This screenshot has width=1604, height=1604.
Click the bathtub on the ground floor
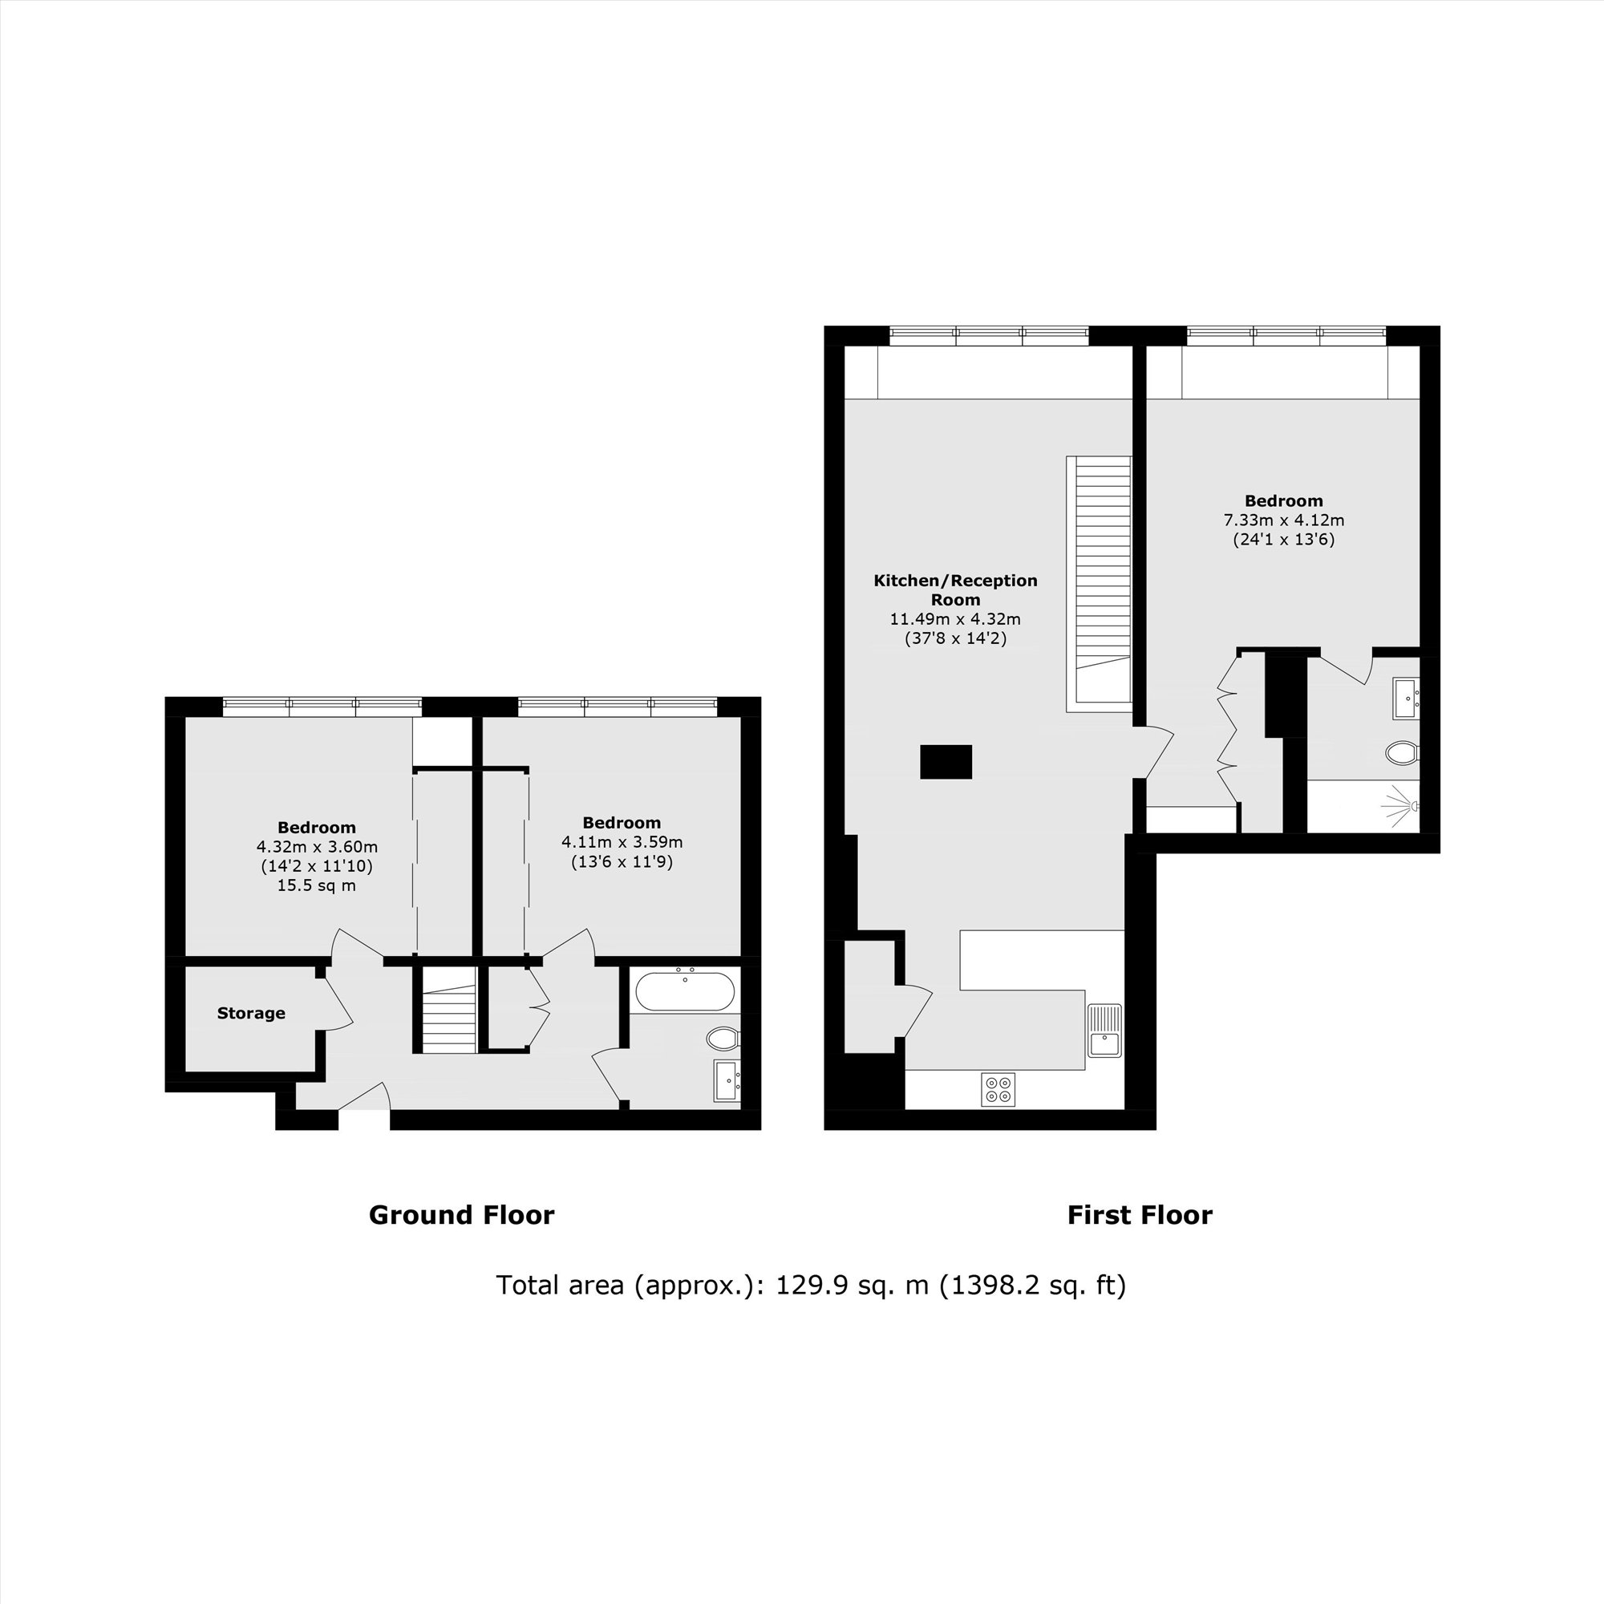click(x=685, y=991)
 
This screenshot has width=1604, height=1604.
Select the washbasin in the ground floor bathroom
click(x=727, y=1081)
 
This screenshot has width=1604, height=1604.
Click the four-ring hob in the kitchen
click(x=998, y=1089)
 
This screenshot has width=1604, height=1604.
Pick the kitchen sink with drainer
click(x=1104, y=1031)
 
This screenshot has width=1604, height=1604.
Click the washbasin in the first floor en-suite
click(x=1407, y=699)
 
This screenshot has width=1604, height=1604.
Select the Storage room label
click(x=251, y=1013)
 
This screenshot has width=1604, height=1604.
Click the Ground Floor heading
click(x=461, y=1216)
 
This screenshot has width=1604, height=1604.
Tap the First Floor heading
click(x=1139, y=1216)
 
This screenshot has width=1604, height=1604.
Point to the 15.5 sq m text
click(x=316, y=886)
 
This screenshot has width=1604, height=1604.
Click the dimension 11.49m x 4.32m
click(x=954, y=619)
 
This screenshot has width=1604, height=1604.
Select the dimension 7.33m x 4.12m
click(x=1283, y=520)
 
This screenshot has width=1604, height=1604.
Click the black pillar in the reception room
click(x=946, y=761)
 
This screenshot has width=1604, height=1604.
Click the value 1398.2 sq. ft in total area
click(x=1032, y=1285)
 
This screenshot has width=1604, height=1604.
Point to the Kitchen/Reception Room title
click(x=954, y=589)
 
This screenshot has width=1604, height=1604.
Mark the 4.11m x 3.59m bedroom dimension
click(x=622, y=842)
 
